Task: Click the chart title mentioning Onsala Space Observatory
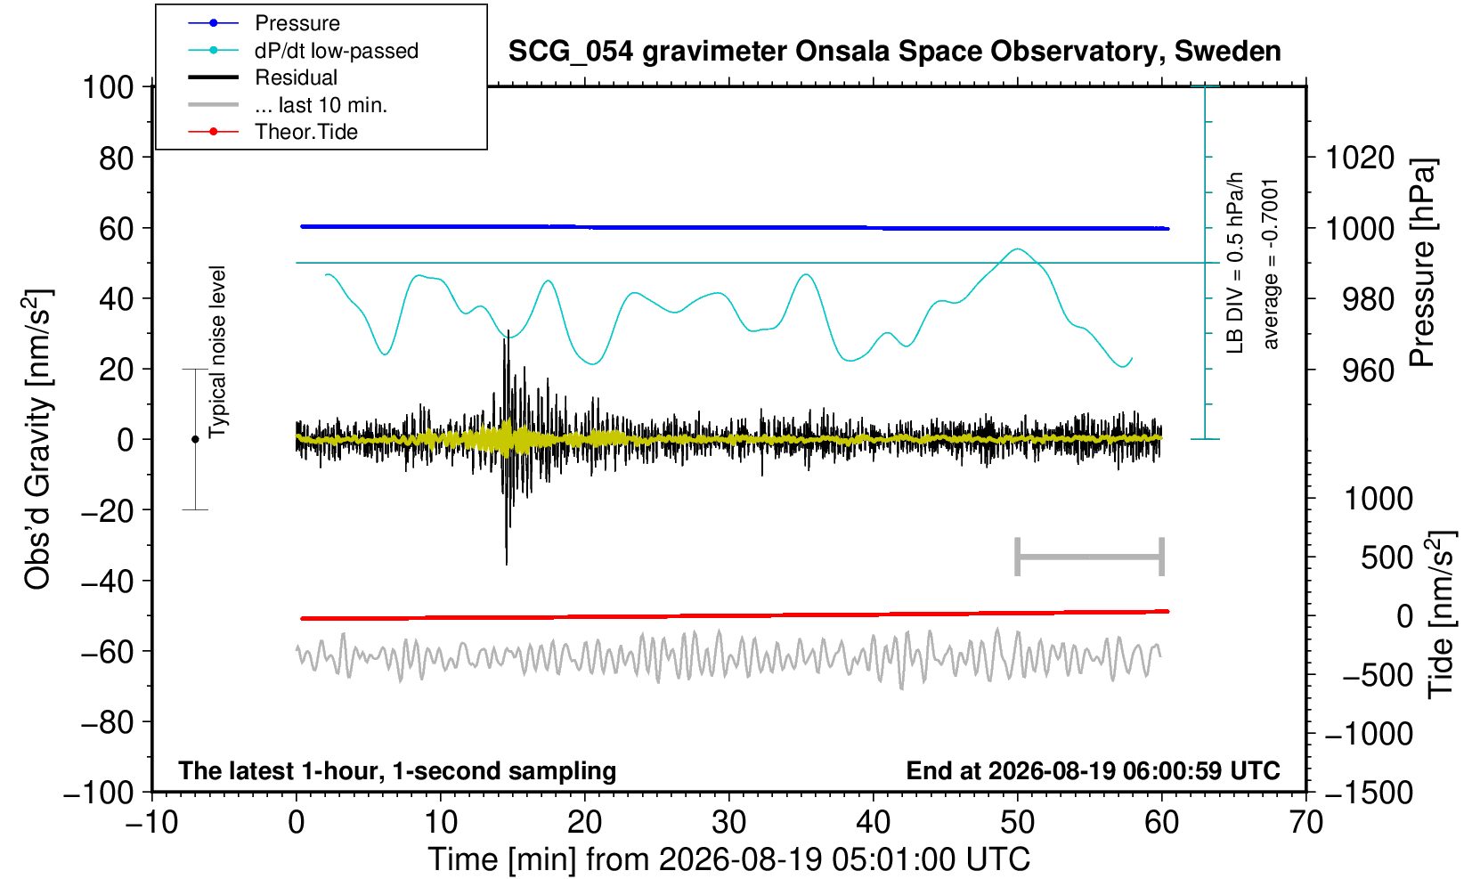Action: click(894, 52)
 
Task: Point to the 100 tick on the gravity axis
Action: click(108, 87)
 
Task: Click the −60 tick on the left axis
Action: click(107, 652)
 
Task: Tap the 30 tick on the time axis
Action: click(728, 822)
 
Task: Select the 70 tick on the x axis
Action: click(1305, 822)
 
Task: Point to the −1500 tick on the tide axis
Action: click(1369, 793)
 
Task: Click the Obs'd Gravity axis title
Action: click(37, 439)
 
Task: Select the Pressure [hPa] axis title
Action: click(1422, 263)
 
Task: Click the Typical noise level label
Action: click(217, 352)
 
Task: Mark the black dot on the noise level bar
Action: click(195, 439)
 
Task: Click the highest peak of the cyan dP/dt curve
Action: click(1017, 249)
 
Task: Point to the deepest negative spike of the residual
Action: click(506, 564)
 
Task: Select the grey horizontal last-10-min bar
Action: click(1090, 557)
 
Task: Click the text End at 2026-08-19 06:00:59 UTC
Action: click(1093, 770)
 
